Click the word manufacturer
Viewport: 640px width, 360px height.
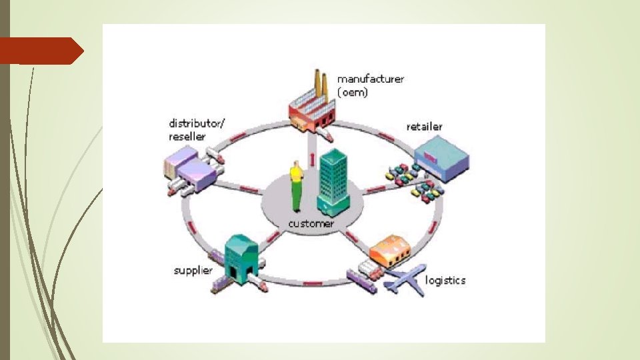click(370, 79)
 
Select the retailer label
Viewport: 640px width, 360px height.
click(424, 126)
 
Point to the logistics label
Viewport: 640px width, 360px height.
click(445, 280)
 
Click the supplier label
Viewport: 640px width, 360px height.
click(193, 270)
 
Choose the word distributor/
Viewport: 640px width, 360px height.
click(197, 123)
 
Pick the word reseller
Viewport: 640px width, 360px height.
click(187, 136)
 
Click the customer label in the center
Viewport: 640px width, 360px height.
click(311, 223)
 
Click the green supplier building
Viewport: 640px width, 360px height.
click(241, 256)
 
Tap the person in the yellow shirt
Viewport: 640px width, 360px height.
click(296, 187)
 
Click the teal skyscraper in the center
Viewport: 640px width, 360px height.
click(333, 179)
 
